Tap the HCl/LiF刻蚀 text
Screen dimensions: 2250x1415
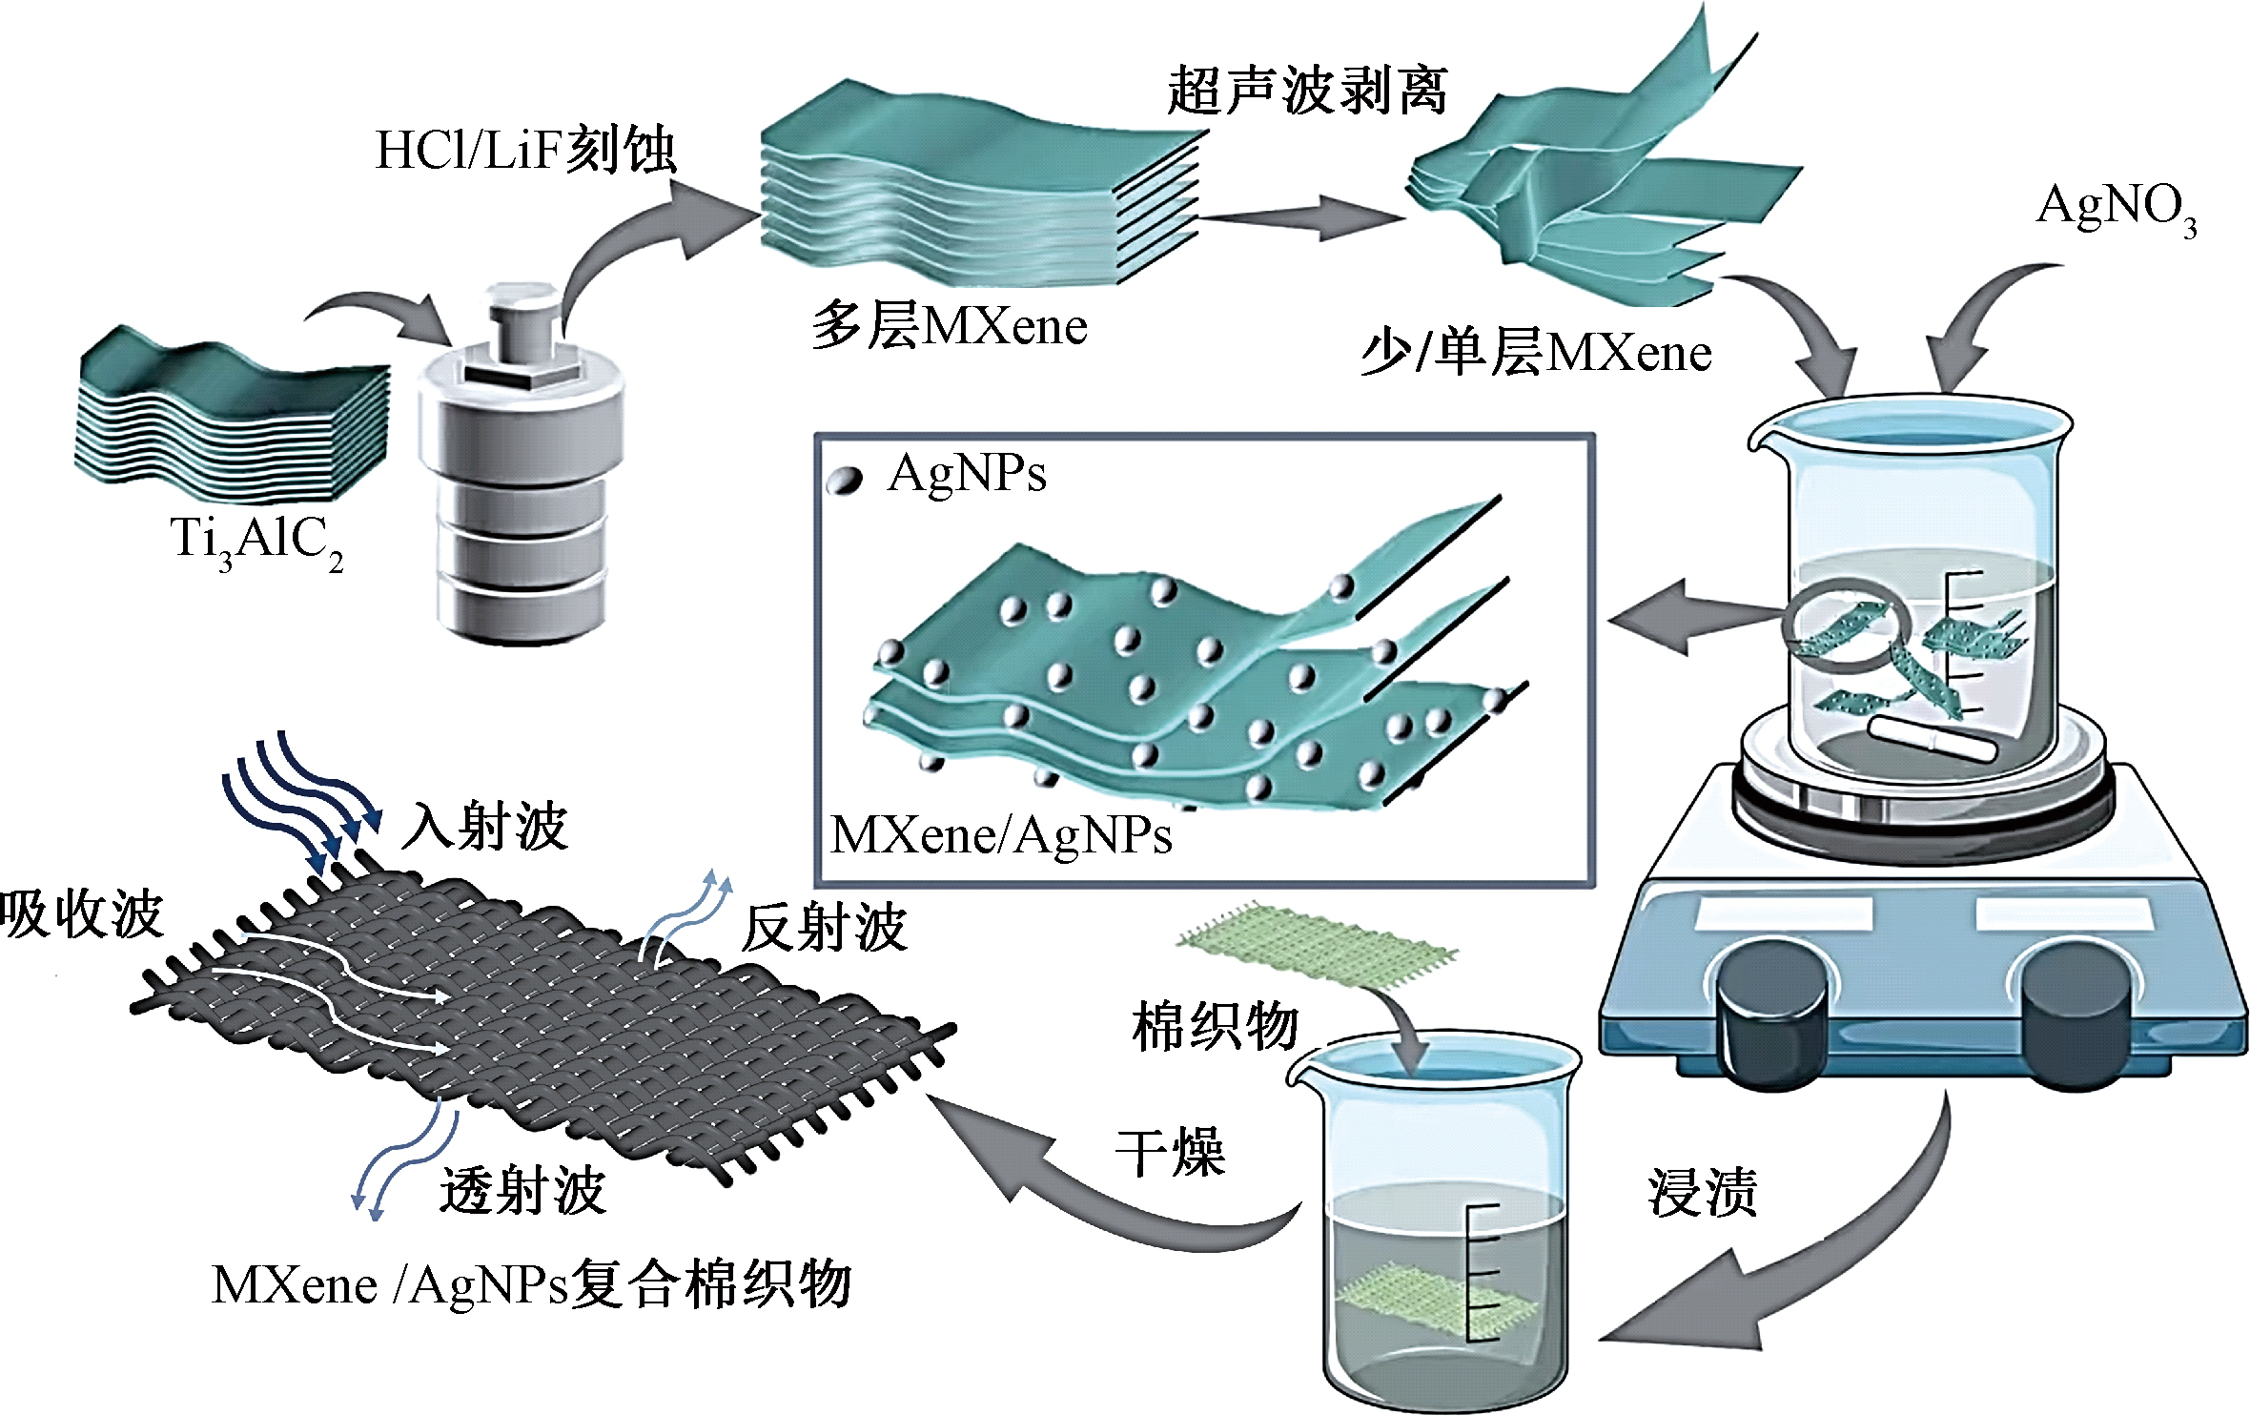pyautogui.click(x=525, y=150)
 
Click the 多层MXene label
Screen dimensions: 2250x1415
pyautogui.click(x=950, y=326)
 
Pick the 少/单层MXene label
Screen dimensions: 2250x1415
pyautogui.click(x=1536, y=353)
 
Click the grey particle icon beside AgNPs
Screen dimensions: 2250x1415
pyautogui.click(x=844, y=481)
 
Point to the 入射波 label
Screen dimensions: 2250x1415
pyautogui.click(x=485, y=825)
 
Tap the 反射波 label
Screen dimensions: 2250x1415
pyautogui.click(x=825, y=928)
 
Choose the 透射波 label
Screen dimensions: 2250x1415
pyautogui.click(x=523, y=1190)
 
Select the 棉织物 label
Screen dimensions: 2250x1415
pyautogui.click(x=1216, y=1027)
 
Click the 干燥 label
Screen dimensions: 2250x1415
pyautogui.click(x=1171, y=1151)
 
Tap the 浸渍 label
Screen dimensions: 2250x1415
pyautogui.click(x=1703, y=1192)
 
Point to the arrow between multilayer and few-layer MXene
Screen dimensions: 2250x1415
pyautogui.click(x=1301, y=218)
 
